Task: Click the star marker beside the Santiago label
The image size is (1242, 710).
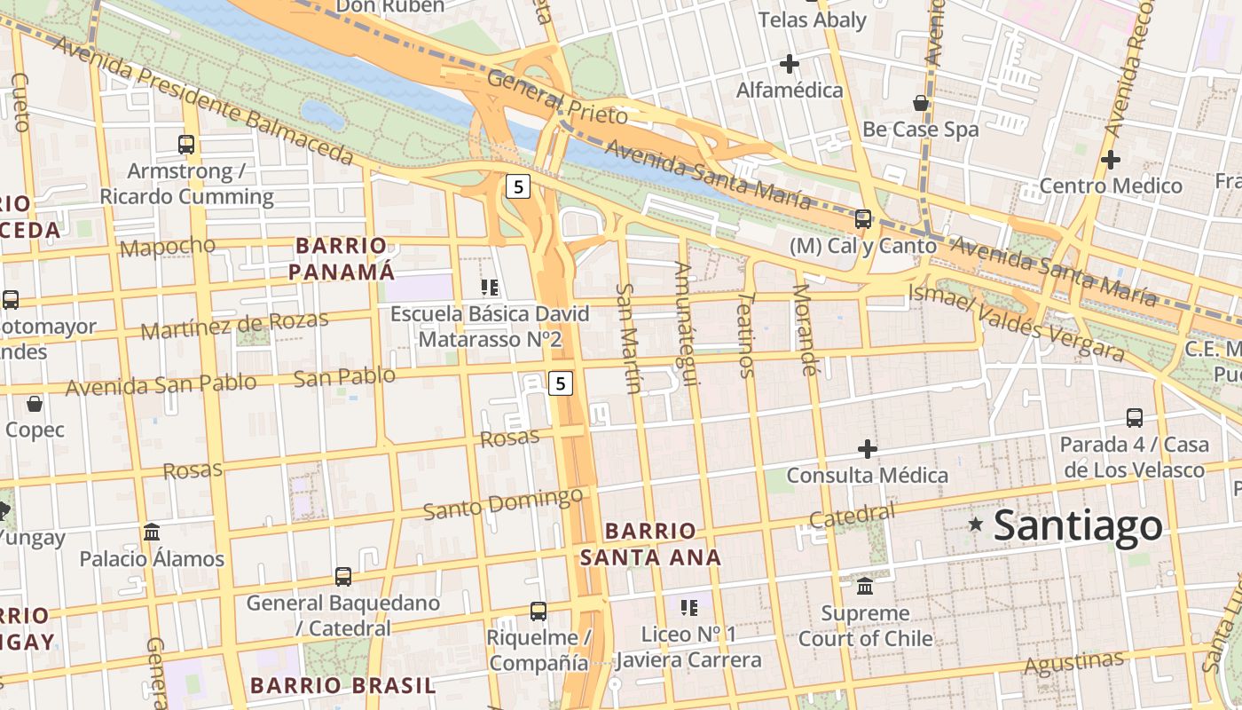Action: [976, 525]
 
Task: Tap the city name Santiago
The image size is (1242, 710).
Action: [1078, 525]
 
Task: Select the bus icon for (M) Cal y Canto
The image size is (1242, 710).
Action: [862, 218]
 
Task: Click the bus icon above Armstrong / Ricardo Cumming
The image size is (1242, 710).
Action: [186, 144]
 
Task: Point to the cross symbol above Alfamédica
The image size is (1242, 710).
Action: [789, 64]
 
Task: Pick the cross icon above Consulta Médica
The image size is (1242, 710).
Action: [868, 449]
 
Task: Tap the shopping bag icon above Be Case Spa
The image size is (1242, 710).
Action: [921, 103]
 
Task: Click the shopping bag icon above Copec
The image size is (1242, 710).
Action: [35, 405]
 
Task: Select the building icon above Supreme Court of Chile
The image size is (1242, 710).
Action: [865, 587]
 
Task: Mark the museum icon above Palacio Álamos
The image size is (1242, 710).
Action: [152, 532]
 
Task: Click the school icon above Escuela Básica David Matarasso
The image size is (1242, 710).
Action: [489, 287]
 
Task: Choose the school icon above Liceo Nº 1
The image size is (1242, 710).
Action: [688, 608]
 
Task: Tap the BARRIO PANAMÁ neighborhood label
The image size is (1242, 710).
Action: [342, 258]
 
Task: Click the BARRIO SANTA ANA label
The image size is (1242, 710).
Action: [650, 544]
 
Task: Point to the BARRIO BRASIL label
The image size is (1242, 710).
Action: [342, 685]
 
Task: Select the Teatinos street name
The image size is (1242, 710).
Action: [746, 335]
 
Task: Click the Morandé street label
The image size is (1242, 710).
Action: [803, 329]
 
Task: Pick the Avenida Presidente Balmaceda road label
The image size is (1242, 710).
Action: [204, 100]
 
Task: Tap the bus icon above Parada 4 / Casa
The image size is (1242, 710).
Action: [1134, 418]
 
